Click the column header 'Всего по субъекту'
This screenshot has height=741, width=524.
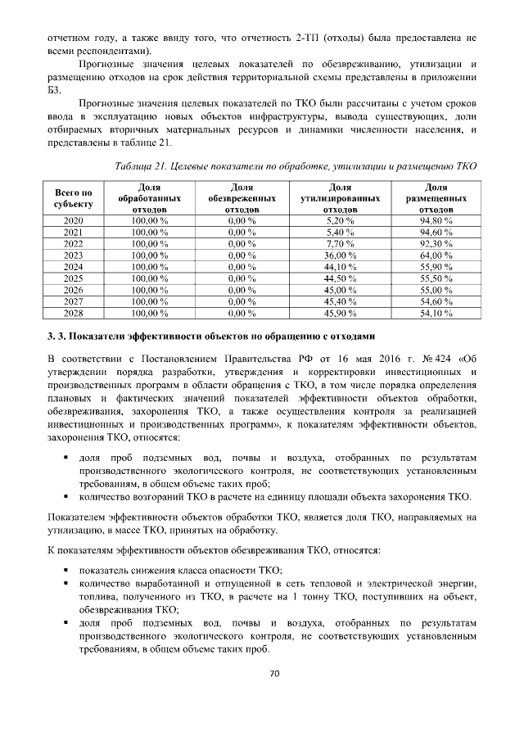coord(73,197)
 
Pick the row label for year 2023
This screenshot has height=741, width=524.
coord(73,255)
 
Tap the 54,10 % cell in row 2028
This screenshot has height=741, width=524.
coord(436,313)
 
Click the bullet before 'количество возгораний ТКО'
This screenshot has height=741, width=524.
coord(64,497)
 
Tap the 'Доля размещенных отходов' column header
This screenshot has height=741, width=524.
coord(436,198)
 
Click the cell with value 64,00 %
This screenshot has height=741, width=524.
coord(436,255)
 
